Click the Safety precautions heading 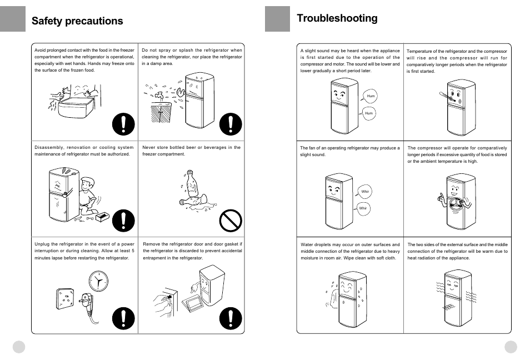tap(77, 21)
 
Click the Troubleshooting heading tap(337, 18)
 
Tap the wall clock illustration tap(98, 282)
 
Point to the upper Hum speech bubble tap(371, 96)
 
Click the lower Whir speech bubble tap(363, 208)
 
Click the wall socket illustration tap(64, 299)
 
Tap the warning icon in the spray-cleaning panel tap(231, 124)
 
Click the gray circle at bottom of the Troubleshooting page tap(511, 347)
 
